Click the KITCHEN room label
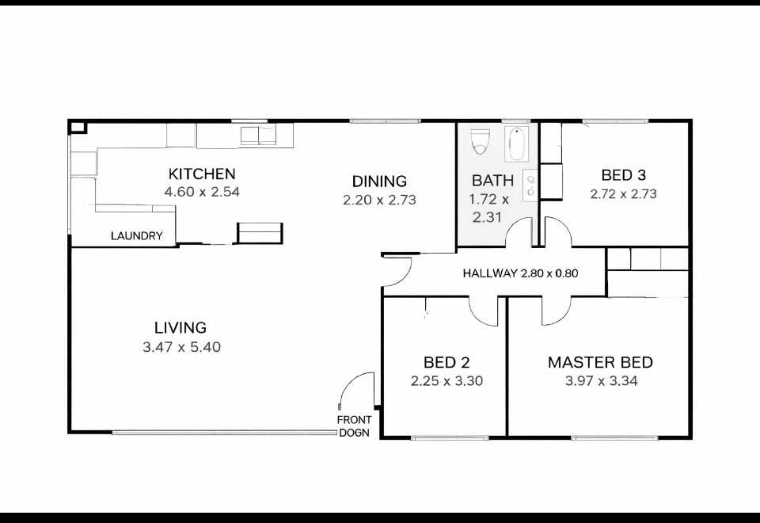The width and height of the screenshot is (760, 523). (202, 174)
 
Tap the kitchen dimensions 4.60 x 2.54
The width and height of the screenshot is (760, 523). (202, 192)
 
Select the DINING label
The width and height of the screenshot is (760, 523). (379, 181)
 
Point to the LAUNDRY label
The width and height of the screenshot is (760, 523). (137, 236)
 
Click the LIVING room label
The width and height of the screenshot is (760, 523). (180, 328)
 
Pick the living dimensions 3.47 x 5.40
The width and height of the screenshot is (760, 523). (182, 347)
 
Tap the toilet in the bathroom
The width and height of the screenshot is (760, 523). (481, 141)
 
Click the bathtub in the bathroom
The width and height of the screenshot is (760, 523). (517, 144)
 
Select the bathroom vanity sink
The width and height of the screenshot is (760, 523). (530, 185)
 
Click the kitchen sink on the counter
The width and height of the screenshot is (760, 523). (258, 136)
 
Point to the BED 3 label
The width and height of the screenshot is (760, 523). (623, 175)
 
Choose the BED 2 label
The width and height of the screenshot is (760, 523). (446, 362)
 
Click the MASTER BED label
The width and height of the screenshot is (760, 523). (600, 362)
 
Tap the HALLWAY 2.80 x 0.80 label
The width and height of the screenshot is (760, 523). (521, 273)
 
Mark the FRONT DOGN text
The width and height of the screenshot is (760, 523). (355, 426)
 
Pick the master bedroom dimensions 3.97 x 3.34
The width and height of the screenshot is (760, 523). (601, 381)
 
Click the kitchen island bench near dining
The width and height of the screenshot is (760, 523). (260, 233)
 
